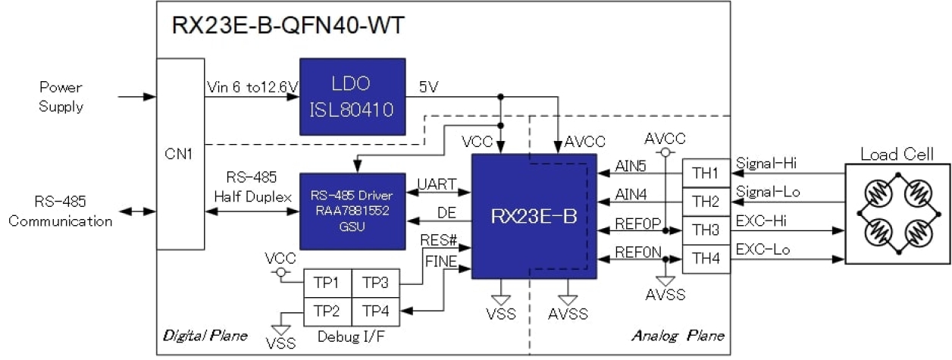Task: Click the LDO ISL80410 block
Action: (351, 96)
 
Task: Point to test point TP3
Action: (375, 283)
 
